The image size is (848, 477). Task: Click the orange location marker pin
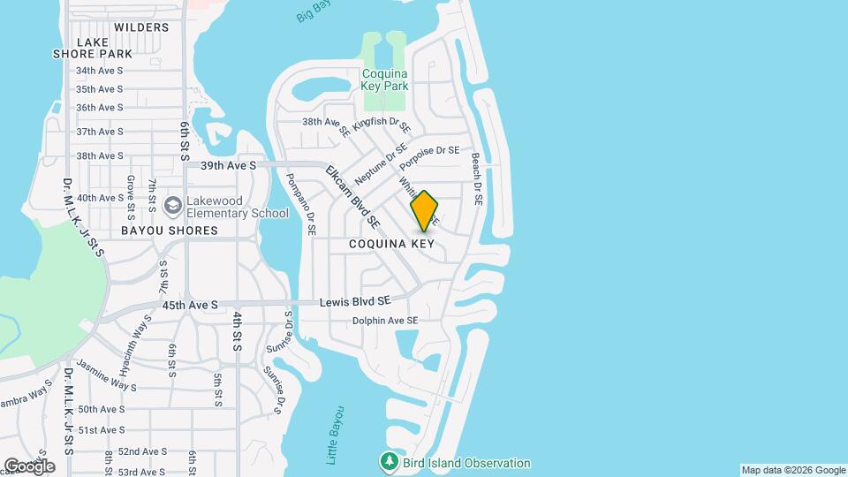(425, 210)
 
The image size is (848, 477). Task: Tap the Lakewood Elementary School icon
(173, 206)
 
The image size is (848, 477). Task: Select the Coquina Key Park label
(384, 79)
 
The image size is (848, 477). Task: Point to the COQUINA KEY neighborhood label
(391, 243)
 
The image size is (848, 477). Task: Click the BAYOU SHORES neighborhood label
(170, 231)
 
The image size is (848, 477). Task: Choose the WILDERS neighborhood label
(141, 27)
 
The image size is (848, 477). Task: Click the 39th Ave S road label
(228, 165)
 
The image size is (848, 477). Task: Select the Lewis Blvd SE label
(355, 302)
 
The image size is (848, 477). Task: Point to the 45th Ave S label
(190, 305)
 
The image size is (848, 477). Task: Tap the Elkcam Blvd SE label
(352, 194)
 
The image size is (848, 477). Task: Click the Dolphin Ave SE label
(384, 320)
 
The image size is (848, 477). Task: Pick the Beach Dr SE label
(476, 179)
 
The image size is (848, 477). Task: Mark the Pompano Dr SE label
(299, 203)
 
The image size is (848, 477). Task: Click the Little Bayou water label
(336, 436)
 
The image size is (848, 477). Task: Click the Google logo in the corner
(28, 466)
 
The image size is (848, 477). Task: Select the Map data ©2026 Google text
(793, 470)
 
